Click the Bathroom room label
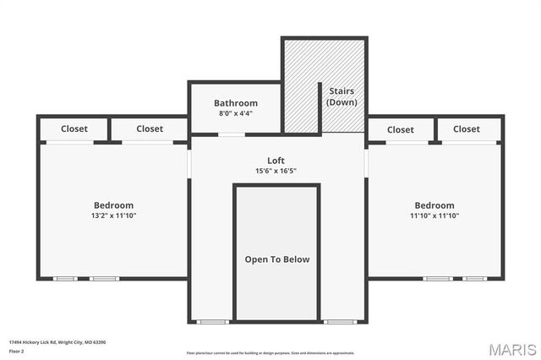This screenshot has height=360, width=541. pos(235,103)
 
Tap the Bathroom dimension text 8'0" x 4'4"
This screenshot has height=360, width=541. pos(235,113)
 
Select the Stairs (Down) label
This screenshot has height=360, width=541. pos(342,96)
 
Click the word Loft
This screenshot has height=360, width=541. pos(276,160)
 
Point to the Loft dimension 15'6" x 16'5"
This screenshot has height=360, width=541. pos(276,171)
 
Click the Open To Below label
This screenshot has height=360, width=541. pos(277,259)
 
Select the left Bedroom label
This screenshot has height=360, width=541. pos(113,205)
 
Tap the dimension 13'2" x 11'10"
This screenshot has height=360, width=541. pos(113,215)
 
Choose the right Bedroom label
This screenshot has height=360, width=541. pos(434,205)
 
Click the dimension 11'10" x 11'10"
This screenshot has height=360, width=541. pos(434,215)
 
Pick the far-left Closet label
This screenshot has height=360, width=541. pos(75,129)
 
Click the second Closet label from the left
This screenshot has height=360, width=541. pos(150,129)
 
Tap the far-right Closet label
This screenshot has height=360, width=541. pos(466,129)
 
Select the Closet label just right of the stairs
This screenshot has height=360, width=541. pos(400,130)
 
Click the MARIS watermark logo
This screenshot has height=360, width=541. pos(511,349)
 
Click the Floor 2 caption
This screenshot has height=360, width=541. pos(17,350)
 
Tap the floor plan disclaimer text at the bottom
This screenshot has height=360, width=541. pos(271,353)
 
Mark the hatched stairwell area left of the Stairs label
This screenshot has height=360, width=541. pos(300,85)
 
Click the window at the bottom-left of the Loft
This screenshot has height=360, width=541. pos(213,321)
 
